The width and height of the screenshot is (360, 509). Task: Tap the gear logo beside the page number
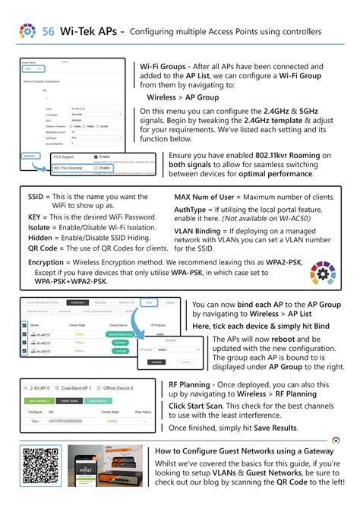tap(28, 31)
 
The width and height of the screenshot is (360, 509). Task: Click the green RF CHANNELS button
tap(39, 400)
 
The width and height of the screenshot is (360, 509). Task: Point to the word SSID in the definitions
tap(39, 197)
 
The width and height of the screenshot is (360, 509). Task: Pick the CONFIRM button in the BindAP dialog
tap(156, 362)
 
